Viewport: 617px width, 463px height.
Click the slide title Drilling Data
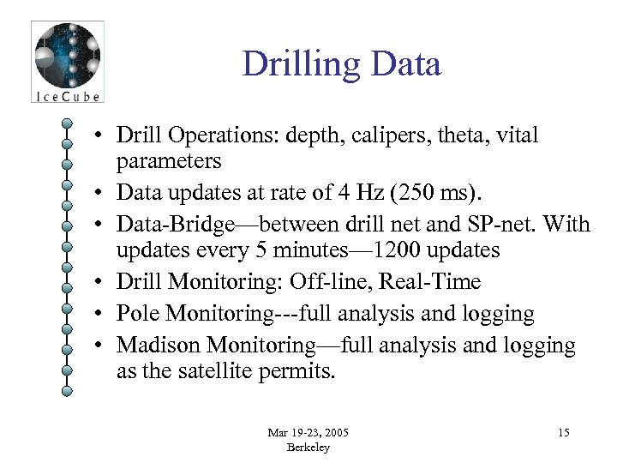341,64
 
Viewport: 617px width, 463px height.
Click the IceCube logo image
67,62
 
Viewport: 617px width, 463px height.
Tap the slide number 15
563,433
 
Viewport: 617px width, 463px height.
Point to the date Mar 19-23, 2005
308,432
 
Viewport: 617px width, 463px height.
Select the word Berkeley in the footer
308,448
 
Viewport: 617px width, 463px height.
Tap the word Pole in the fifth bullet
137,314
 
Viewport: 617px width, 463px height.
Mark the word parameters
169,161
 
